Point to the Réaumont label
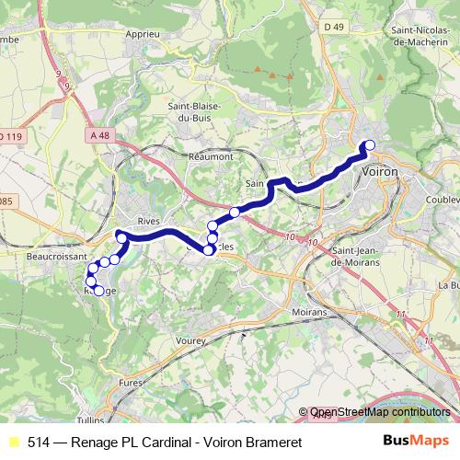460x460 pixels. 211,156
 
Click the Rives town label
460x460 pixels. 148,222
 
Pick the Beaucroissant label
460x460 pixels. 56,257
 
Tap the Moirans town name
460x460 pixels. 308,313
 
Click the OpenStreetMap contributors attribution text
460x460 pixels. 380,413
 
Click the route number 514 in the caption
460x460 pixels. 38,443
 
